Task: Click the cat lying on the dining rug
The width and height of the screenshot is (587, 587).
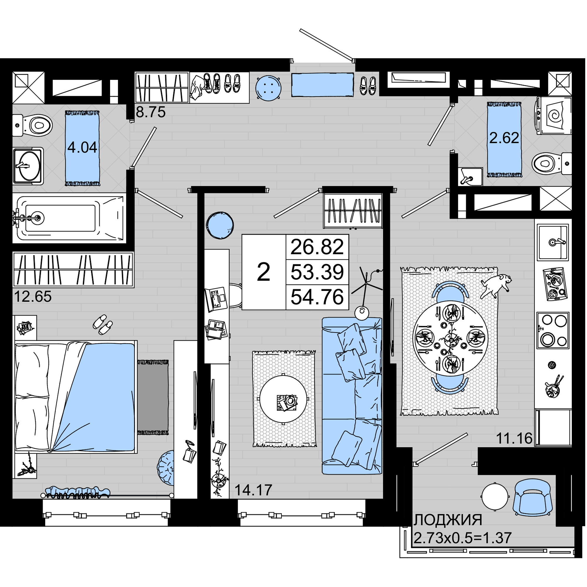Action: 496,285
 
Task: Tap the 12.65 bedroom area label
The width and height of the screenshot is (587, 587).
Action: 33,296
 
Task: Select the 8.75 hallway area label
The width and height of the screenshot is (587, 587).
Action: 150,112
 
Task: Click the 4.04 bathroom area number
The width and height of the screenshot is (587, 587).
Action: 82,147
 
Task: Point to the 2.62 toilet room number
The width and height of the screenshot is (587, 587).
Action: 504,138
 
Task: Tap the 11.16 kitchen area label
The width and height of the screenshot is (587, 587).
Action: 514,438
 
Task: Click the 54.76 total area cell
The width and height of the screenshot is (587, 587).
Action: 317,297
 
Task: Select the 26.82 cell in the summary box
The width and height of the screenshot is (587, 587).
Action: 317,247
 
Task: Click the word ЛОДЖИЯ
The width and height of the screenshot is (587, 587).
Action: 448,520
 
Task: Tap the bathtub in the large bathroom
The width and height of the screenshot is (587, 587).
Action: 69,218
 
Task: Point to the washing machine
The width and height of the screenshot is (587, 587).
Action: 554,116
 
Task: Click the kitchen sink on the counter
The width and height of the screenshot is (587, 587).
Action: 553,242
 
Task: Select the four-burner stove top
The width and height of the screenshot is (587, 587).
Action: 553,330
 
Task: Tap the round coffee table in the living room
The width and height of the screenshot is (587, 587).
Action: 283,399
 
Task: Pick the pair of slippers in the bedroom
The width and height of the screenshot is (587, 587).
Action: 103,325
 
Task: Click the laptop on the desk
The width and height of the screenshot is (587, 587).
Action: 216,299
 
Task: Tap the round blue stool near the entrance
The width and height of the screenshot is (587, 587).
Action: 268,88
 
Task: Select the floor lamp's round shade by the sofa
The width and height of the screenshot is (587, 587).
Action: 362,313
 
